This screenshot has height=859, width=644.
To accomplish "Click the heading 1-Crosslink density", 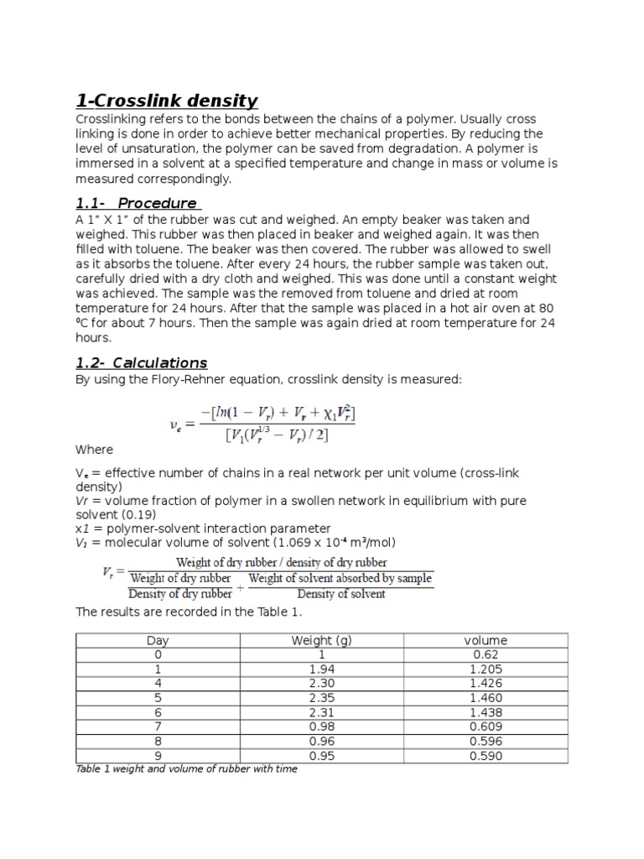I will (167, 101).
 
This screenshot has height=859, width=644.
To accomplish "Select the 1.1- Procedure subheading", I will (136, 203).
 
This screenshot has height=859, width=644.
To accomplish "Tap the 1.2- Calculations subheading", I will (142, 362).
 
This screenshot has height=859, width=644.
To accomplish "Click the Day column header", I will (158, 641).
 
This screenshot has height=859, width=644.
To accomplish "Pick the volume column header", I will (486, 641).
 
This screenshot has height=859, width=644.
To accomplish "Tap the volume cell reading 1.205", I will (486, 669).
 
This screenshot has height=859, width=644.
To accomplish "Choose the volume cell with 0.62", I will (486, 655).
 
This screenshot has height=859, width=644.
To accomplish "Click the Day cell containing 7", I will (158, 726).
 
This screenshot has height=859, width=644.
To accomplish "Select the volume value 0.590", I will (486, 755).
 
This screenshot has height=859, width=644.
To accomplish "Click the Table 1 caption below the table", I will (186, 768).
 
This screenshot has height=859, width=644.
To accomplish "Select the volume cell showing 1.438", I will (486, 712).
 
